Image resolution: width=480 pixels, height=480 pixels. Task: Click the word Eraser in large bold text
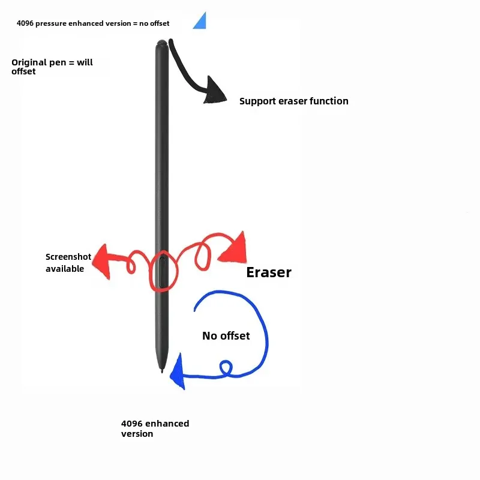tap(269, 272)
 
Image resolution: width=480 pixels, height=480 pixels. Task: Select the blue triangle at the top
tap(200, 22)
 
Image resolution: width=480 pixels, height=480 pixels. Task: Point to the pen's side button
tap(164, 273)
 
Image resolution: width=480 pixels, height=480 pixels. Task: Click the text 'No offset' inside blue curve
tap(226, 336)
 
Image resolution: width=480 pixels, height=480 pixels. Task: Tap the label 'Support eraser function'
tap(293, 101)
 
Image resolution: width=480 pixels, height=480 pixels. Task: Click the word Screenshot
tap(68, 257)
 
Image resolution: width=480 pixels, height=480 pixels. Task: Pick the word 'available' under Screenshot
tap(65, 269)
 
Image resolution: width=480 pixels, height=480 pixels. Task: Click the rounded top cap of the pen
tap(161, 44)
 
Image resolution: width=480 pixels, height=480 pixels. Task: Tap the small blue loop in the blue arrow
tap(226, 367)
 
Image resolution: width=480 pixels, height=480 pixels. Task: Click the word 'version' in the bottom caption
tap(137, 434)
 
